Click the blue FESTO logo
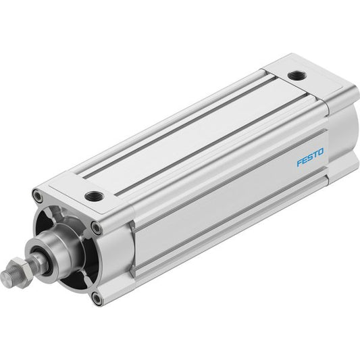point(310,157)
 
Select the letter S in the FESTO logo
point(310,157)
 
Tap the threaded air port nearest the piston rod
point(95,196)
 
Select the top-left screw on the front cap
point(38,195)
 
